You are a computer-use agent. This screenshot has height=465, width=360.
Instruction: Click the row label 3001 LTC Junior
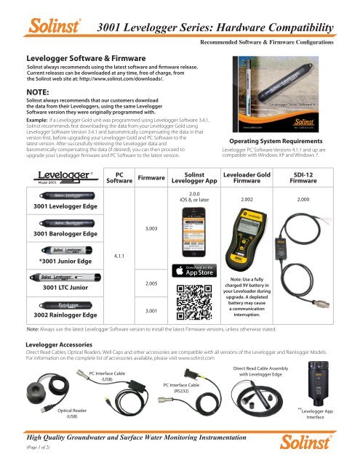52,287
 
